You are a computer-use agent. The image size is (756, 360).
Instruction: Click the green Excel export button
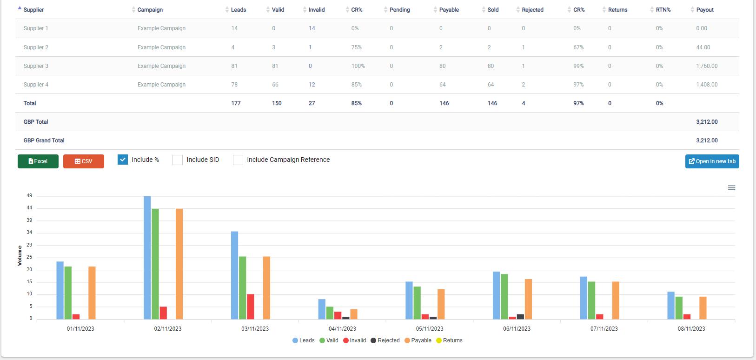click(x=38, y=161)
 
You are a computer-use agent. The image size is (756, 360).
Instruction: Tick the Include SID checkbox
click(x=178, y=160)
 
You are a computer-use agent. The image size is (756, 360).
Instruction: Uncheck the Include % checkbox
click(x=122, y=160)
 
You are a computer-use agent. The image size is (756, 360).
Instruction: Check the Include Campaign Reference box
click(x=238, y=160)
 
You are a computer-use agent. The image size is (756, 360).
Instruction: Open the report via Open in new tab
click(x=712, y=161)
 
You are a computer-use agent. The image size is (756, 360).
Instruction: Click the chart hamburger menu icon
click(x=731, y=188)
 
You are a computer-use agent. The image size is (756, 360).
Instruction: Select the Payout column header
click(x=705, y=10)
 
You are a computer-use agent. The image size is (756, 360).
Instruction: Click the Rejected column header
click(x=532, y=10)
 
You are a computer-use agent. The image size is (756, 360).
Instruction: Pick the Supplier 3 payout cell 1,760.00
click(x=707, y=66)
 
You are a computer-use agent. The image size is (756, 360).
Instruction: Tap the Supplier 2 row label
click(x=36, y=47)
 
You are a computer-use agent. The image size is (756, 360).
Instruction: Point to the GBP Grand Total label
click(x=44, y=140)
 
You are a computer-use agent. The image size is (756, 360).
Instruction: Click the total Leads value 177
click(x=236, y=103)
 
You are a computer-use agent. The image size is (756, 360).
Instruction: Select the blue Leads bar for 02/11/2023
click(x=147, y=258)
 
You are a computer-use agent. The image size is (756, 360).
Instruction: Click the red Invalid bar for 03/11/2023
click(x=251, y=307)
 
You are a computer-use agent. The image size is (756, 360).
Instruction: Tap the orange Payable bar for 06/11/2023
click(x=528, y=299)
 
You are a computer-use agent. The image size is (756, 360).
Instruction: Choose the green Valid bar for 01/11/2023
click(x=68, y=293)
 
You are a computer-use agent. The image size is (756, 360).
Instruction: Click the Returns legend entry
click(x=449, y=340)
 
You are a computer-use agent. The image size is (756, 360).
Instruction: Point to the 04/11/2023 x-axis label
click(x=342, y=328)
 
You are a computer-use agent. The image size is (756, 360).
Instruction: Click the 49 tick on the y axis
click(x=29, y=195)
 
